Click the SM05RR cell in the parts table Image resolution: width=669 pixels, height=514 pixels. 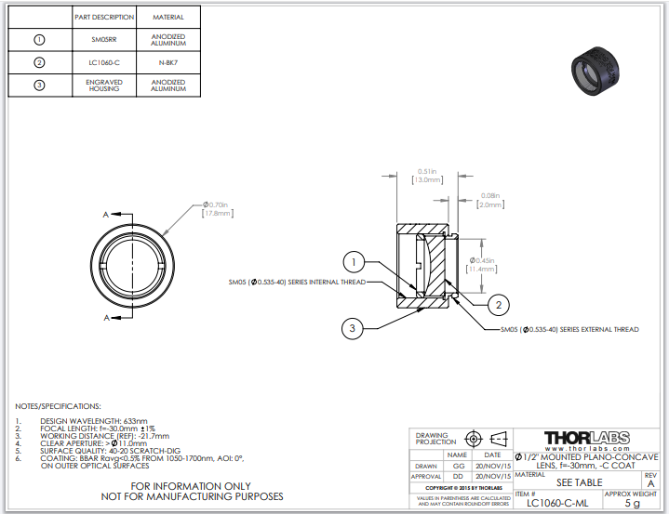(x=103, y=40)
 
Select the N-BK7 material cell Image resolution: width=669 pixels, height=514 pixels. (x=167, y=63)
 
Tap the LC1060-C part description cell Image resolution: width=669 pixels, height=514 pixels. (x=103, y=63)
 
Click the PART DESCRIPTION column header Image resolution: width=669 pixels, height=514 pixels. (x=103, y=17)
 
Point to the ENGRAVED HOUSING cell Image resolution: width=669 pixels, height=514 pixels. (x=103, y=86)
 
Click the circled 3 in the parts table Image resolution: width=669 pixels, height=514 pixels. (x=39, y=86)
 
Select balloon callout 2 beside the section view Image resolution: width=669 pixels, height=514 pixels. (x=499, y=304)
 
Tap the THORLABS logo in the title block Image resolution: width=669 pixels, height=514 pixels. (x=586, y=437)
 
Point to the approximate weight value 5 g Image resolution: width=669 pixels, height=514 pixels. (x=632, y=503)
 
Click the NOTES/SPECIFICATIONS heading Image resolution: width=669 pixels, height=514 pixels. (x=59, y=406)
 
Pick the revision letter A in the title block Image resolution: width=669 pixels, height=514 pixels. (x=649, y=483)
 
